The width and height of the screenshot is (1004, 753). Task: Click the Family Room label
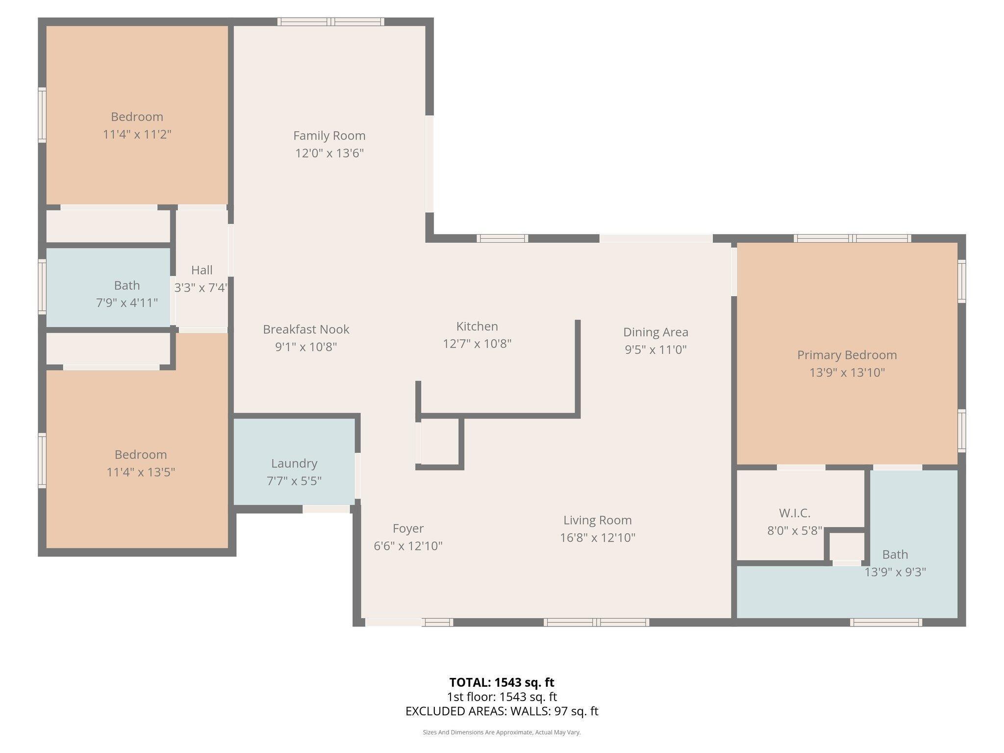329,136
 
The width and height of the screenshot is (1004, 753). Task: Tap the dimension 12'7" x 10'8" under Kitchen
477,344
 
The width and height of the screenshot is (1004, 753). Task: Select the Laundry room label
294,463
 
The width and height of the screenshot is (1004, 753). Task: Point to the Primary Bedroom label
847,355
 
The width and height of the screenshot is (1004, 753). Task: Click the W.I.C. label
794,513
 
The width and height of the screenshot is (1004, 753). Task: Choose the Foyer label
408,528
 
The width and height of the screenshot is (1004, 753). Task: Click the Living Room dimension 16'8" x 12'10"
597,538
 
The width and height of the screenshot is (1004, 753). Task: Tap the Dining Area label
655,332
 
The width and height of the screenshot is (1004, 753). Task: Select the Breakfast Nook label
306,329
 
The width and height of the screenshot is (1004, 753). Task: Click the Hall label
201,270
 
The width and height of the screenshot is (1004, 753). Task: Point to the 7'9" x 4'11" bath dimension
127,303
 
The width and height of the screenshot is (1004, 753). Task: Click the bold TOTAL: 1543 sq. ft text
502,682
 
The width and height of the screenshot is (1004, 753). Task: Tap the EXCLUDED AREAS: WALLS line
502,711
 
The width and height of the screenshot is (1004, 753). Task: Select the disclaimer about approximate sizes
502,732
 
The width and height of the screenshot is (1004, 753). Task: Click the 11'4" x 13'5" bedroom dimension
141,472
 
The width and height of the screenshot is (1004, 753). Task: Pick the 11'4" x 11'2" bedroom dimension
137,134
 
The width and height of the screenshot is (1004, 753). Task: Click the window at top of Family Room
331,22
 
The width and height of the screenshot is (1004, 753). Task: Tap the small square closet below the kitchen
440,441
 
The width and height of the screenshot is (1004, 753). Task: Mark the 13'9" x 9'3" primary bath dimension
895,572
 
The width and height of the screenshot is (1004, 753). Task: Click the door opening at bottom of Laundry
326,509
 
